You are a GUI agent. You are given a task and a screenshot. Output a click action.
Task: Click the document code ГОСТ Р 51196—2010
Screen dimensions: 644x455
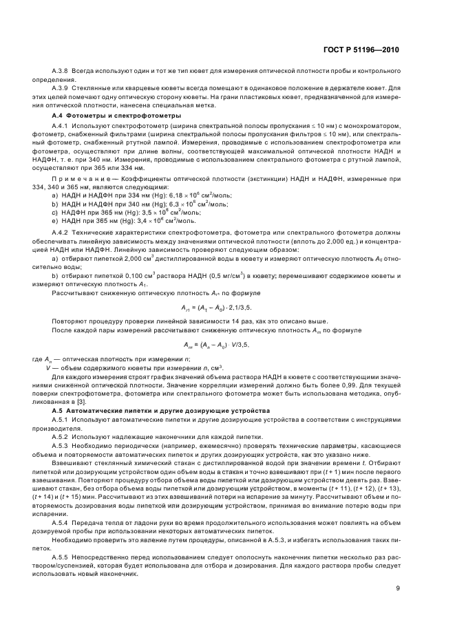tap(363, 50)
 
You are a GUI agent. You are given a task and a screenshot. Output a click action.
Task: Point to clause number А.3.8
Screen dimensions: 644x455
tap(60, 71)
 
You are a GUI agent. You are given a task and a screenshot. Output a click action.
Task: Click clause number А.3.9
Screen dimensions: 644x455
tap(60, 87)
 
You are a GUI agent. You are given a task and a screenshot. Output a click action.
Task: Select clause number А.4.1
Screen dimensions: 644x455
tap(60, 127)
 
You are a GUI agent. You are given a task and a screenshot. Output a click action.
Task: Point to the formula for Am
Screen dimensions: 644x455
tap(215, 345)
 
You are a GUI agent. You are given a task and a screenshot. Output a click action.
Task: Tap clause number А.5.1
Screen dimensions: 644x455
tap(60, 419)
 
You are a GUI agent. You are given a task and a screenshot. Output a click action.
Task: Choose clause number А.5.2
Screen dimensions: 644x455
tap(60, 436)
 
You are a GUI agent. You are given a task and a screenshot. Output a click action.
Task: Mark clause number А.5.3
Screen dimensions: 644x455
tap(60, 445)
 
